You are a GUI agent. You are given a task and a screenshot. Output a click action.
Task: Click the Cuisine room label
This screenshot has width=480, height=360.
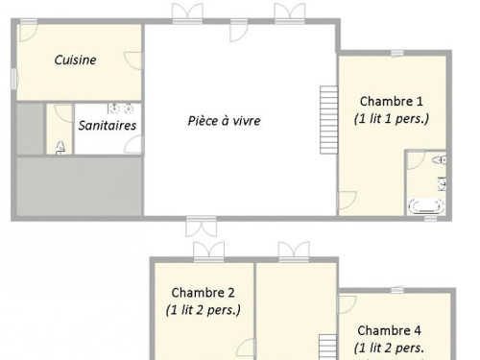(x=75, y=60)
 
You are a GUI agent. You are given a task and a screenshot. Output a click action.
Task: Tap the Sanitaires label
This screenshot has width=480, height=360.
(x=108, y=125)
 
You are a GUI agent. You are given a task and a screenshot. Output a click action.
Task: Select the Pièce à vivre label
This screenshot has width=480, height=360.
(x=224, y=121)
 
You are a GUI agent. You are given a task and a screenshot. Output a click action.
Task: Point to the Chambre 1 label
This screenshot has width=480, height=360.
(x=392, y=102)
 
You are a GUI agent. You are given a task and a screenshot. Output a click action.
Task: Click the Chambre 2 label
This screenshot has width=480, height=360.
(x=203, y=293)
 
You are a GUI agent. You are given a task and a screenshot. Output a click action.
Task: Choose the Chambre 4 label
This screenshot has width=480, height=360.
(x=389, y=330)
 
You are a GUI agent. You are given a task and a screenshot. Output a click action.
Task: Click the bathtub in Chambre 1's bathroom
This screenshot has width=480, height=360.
(x=427, y=205)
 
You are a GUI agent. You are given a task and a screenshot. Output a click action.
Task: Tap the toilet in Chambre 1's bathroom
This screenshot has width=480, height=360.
(x=440, y=159)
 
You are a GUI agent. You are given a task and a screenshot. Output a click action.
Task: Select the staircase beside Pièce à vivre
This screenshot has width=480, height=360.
(x=328, y=120)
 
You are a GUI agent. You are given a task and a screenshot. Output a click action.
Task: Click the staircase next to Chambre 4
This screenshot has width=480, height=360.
(x=327, y=348)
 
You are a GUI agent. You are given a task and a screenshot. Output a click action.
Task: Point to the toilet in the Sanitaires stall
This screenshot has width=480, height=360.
(x=60, y=148)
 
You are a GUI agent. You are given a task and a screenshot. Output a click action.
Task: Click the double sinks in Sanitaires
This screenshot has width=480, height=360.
(x=121, y=108)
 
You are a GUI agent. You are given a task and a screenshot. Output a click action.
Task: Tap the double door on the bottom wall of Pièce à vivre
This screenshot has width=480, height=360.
(x=202, y=227)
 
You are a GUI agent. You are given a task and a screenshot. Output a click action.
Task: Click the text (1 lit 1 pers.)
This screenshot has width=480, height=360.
(x=392, y=119)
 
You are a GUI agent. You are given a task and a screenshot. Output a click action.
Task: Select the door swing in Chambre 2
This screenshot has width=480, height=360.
(x=246, y=348)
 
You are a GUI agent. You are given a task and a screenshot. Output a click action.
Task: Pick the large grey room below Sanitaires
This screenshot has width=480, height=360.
(x=79, y=186)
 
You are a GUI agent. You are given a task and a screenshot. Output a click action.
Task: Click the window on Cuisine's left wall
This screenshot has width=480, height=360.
(x=14, y=79)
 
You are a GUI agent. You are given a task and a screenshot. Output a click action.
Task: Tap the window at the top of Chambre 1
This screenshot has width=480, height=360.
(x=397, y=53)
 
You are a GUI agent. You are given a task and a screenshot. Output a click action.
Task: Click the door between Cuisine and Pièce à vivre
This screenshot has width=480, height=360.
(x=133, y=60)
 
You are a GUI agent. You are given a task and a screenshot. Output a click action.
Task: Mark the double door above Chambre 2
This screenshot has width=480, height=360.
(x=209, y=252)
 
